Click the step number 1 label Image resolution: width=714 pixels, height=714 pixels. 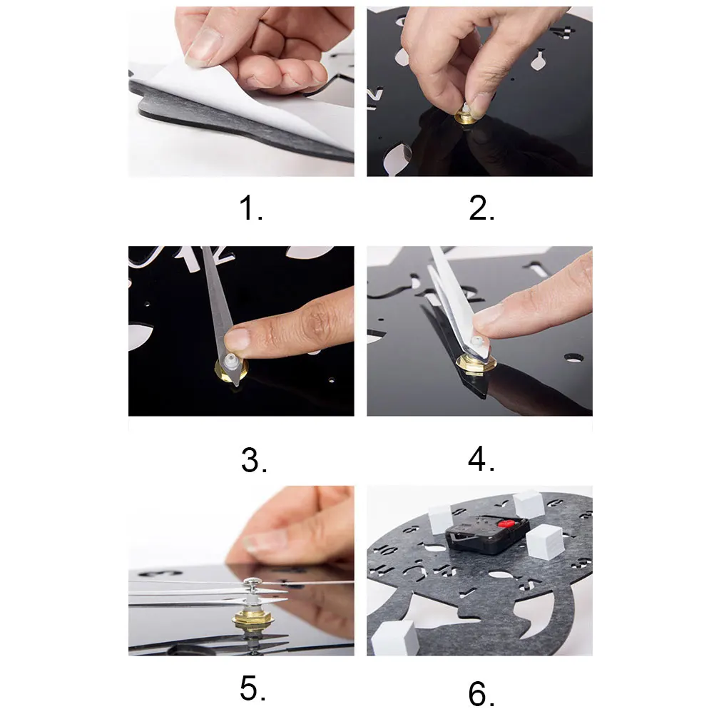[251, 208]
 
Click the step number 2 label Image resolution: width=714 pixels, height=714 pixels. [481, 208]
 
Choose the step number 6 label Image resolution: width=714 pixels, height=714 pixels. [481, 693]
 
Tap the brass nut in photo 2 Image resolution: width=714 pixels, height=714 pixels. [465, 118]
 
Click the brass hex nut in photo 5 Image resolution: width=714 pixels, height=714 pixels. [253, 619]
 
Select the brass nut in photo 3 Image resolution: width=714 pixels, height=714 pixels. [231, 368]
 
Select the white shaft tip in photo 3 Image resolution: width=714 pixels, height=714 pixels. [230, 359]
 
